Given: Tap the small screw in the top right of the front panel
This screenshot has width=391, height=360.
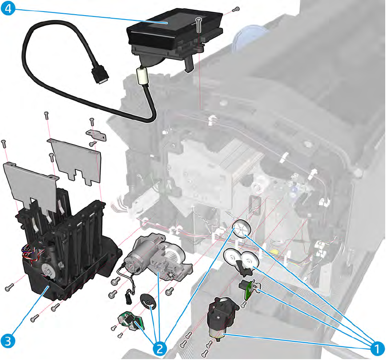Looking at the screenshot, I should coord(237,8).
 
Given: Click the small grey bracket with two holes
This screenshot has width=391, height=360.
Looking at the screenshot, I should coord(97,134).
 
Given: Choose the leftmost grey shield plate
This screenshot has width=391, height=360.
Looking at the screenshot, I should coord(29,181).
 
